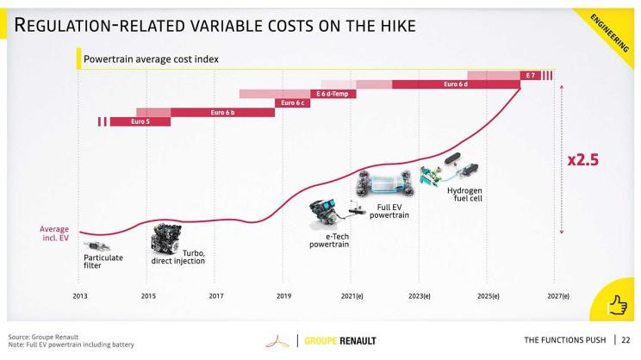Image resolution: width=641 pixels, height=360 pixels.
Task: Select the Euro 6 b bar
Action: coord(222,113)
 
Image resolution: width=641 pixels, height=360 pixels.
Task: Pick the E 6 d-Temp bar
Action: coord(330,94)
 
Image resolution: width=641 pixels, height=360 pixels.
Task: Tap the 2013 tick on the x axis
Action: coord(79,295)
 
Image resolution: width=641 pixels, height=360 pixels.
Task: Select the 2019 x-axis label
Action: coord(283,295)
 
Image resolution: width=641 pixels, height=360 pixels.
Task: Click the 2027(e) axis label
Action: coord(557,295)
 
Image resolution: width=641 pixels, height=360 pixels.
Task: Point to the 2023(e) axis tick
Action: coord(420,295)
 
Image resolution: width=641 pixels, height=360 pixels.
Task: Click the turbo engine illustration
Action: coord(165,236)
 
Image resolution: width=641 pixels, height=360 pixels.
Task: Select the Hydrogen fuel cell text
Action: coord(464,195)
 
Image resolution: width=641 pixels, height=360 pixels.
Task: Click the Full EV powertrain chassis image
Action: coord(384,184)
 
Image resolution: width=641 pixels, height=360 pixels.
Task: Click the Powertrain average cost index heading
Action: coord(151,60)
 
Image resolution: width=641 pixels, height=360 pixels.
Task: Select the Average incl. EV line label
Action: coord(55,233)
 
